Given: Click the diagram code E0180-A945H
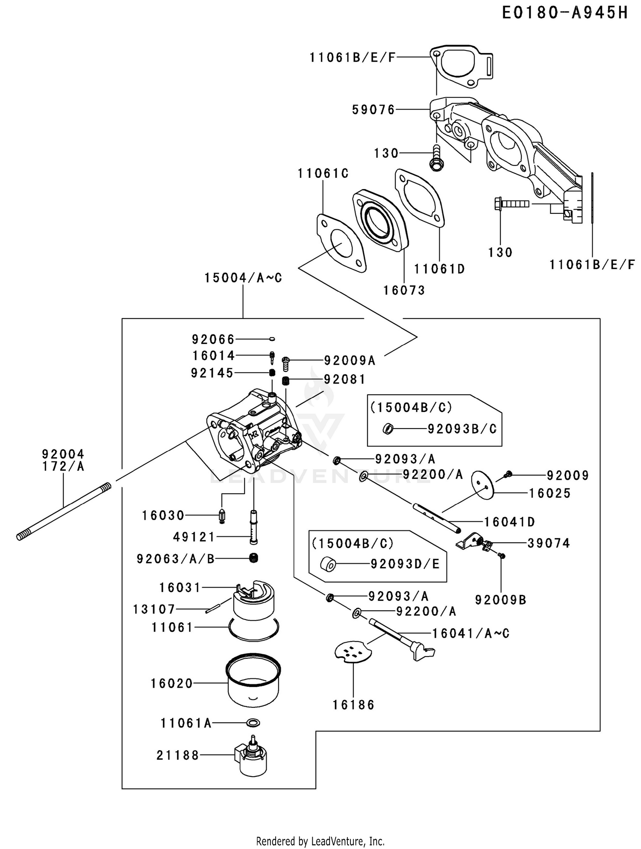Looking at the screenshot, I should click(565, 13).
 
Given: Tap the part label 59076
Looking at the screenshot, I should click(373, 110).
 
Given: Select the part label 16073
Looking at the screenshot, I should click(404, 290).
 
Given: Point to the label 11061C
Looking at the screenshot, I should click(323, 174).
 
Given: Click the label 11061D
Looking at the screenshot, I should click(439, 269).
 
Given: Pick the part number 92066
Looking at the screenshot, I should click(213, 340).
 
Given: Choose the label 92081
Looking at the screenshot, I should click(345, 379).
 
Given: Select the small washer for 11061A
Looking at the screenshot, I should click(253, 723).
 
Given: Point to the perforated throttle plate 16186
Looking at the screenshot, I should click(353, 652).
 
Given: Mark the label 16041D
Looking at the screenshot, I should click(509, 522).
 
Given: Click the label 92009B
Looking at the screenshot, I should click(500, 600).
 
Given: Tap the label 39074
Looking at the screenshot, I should click(549, 543).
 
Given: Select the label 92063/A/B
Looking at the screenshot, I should click(176, 559).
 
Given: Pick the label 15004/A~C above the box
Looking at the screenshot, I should click(243, 278).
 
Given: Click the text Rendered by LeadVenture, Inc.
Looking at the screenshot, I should click(320, 841).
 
